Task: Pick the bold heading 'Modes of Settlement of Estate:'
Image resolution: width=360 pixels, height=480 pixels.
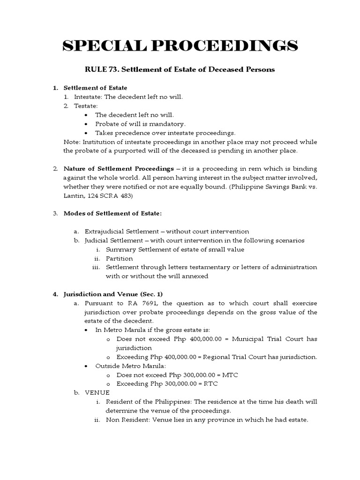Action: point(112,213)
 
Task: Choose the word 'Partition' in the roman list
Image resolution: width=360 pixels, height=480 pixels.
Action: point(119,258)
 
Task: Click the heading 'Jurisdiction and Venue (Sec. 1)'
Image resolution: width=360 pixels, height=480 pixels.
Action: point(113,294)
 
